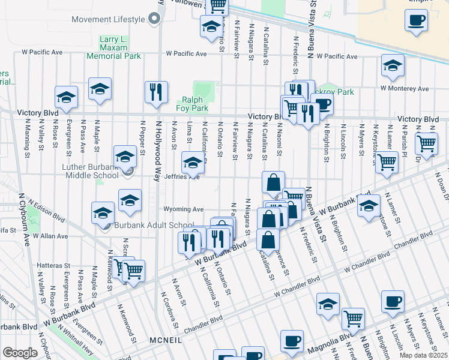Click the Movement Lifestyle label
pos(108,19)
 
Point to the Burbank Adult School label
pos(148,226)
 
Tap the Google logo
pos(20,353)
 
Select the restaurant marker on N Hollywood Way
pos(156,92)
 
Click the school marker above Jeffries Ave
pos(193,161)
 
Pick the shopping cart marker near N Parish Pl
pos(426,143)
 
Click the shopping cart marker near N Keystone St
pos(387,161)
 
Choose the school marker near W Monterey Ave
pos(393,65)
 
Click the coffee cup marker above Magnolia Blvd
pos(393,301)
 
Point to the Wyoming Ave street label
pos(185,209)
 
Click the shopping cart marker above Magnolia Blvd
pos(353,318)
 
